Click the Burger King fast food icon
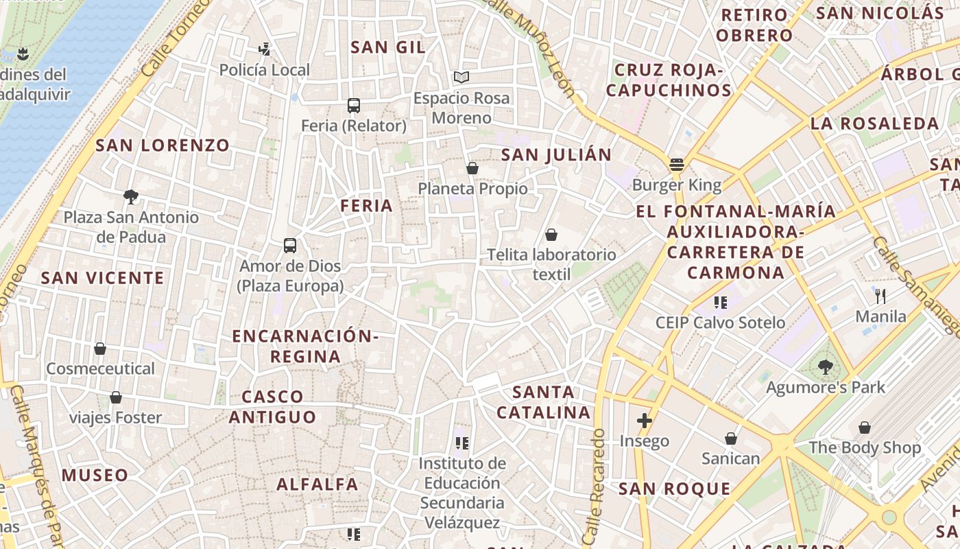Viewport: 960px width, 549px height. [x=677, y=165]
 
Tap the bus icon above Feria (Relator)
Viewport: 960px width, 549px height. [x=354, y=106]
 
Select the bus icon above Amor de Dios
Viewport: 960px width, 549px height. [x=290, y=246]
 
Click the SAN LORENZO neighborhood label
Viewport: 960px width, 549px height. [x=163, y=145]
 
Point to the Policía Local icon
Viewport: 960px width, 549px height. [x=264, y=49]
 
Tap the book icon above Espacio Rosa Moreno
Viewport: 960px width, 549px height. [x=461, y=78]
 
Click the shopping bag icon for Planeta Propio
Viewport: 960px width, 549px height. [x=472, y=168]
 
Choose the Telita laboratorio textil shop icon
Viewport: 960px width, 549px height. [x=551, y=235]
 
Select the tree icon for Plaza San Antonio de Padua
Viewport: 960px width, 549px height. [x=131, y=197]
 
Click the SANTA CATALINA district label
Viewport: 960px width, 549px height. [x=543, y=402]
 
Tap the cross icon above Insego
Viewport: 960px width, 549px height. [x=644, y=421]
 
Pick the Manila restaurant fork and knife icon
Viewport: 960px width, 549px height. [x=881, y=296]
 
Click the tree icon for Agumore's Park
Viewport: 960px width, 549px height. [x=826, y=367]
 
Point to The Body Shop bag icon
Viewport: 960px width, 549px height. [x=865, y=428]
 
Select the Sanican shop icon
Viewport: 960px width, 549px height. [x=731, y=439]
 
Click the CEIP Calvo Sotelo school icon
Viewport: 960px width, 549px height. [x=720, y=302]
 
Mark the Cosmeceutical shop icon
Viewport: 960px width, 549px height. [x=100, y=349]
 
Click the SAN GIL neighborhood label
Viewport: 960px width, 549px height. [x=388, y=47]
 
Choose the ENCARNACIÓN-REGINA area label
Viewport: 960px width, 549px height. [x=305, y=347]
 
